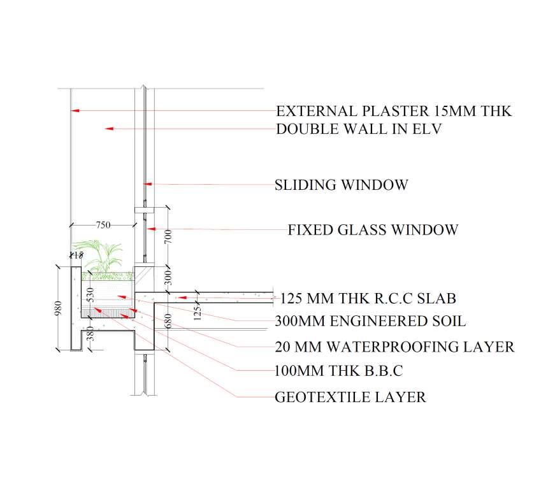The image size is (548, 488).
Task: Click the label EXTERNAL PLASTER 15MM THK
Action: [393, 111]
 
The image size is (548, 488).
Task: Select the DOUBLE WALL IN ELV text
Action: [359, 129]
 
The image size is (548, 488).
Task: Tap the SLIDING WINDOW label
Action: [341, 185]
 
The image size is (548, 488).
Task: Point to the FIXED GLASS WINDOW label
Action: [373, 229]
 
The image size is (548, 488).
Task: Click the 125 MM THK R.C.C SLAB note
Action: [368, 298]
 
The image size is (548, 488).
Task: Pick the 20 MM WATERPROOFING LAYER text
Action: [394, 347]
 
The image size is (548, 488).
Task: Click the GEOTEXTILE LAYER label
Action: [350, 398]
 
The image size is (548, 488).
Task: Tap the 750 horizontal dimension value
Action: [103, 224]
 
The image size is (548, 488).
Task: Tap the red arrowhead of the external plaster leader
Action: [75, 111]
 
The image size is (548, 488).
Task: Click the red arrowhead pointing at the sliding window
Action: [148, 184]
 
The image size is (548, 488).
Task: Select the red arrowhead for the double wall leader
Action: [108, 129]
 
